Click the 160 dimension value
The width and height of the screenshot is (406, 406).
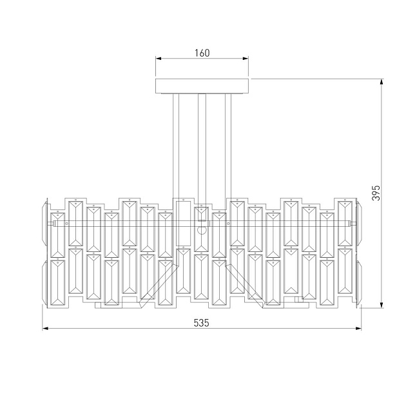(202, 53)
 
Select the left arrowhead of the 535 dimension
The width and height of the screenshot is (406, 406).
(46, 329)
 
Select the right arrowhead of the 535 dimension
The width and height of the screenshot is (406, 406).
(359, 329)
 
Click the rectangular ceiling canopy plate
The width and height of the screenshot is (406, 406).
(202, 86)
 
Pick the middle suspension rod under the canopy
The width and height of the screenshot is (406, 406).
(202, 145)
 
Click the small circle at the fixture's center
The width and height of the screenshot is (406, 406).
(201, 230)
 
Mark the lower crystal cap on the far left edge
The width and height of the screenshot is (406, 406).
(44, 282)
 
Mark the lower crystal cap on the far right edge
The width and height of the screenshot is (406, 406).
(359, 282)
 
